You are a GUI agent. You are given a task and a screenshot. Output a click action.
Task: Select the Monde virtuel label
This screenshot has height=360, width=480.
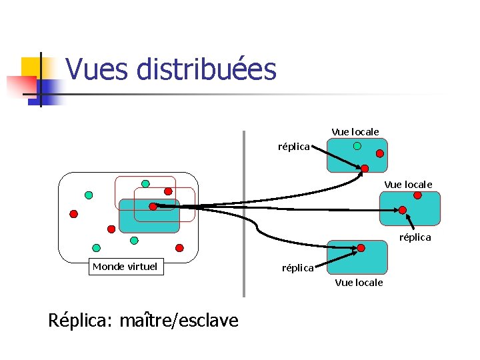click(x=125, y=267)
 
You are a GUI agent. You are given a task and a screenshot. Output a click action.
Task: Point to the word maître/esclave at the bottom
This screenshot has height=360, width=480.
click(x=178, y=321)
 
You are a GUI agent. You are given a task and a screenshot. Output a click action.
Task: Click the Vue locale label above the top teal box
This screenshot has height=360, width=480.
click(x=355, y=132)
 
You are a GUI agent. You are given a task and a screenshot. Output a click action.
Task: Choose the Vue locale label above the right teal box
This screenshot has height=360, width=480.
click(x=408, y=184)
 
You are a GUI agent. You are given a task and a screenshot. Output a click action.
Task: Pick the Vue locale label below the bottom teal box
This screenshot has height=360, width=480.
click(x=359, y=283)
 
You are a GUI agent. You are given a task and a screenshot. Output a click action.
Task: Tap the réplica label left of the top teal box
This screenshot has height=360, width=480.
click(x=293, y=146)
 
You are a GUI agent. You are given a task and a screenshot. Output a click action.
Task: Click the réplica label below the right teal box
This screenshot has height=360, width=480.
click(x=415, y=237)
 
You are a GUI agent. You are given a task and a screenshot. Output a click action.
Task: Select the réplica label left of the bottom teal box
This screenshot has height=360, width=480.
click(x=297, y=268)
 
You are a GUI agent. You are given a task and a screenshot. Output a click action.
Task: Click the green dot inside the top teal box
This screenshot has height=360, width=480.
click(x=357, y=145)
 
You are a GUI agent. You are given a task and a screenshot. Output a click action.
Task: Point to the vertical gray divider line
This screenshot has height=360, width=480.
click(x=243, y=213)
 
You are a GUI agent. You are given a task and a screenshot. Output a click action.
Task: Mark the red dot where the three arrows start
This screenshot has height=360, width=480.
click(x=153, y=207)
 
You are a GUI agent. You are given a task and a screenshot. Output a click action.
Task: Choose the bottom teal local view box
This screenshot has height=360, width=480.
click(x=357, y=259)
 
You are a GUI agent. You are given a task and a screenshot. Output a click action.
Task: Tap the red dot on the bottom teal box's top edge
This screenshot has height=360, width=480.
click(x=361, y=248)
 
